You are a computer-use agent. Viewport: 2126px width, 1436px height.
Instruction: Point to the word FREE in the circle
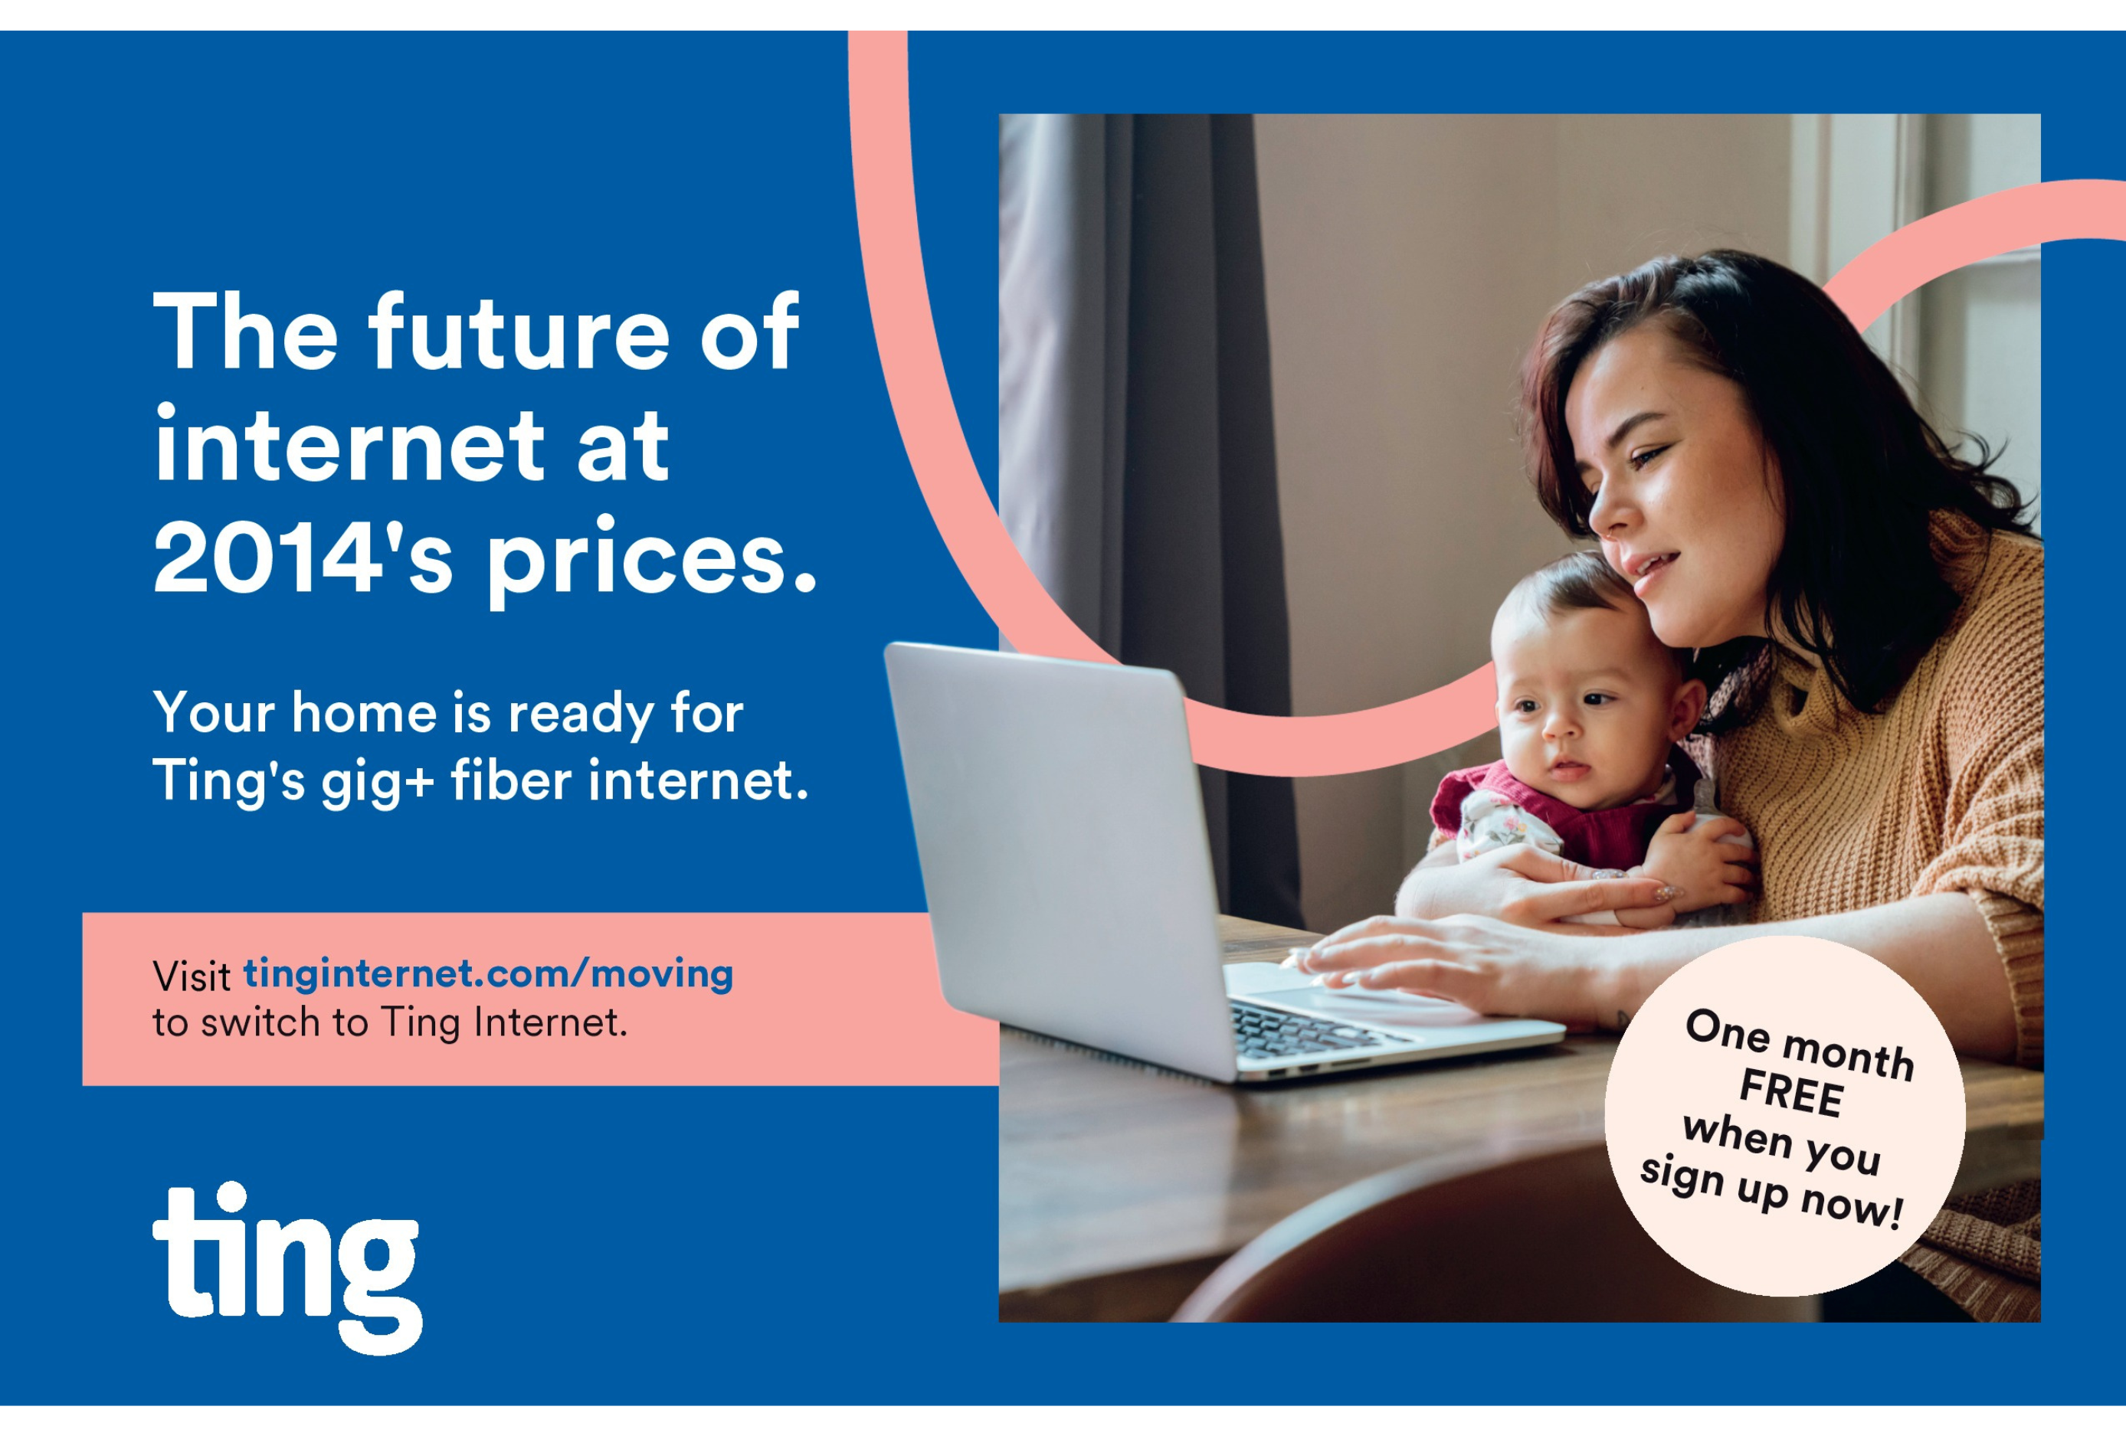[x=1791, y=1092]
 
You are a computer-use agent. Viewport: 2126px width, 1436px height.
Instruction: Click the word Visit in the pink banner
[x=192, y=976]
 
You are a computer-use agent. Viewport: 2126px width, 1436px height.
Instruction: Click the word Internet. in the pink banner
[x=551, y=1022]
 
